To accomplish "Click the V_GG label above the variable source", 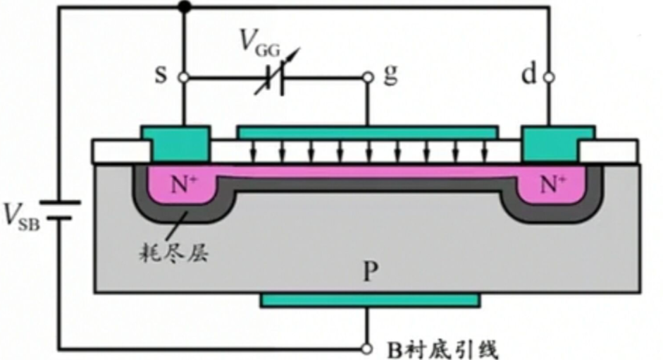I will pyautogui.click(x=259, y=44).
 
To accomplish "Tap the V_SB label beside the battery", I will pyautogui.click(x=20, y=216).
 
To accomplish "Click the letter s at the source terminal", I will pyautogui.click(x=161, y=75).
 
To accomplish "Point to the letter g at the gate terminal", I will pyautogui.click(x=389, y=75).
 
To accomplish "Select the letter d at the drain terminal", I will pyautogui.click(x=529, y=75).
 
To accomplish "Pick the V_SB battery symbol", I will pyautogui.click(x=59, y=209).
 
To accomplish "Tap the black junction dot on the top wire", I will pyautogui.click(x=184, y=8).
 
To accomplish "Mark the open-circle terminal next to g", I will pyautogui.click(x=367, y=77).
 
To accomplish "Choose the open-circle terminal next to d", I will pyautogui.click(x=547, y=77).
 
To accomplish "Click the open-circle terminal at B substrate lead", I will pyautogui.click(x=367, y=349).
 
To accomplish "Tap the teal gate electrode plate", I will pyautogui.click(x=367, y=132).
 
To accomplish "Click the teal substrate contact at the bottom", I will pyautogui.click(x=369, y=300).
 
